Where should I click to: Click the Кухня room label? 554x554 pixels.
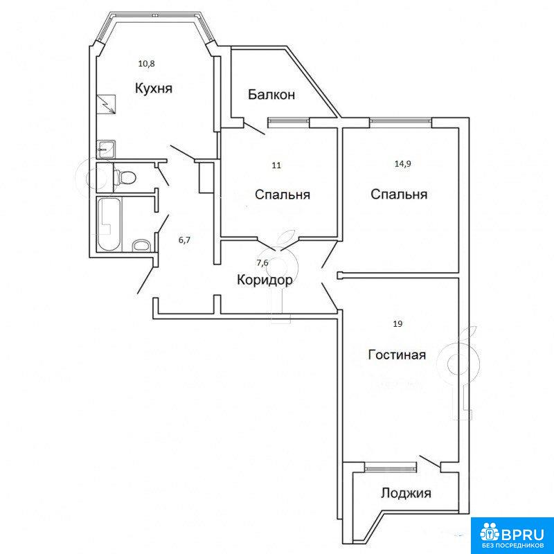click(x=154, y=89)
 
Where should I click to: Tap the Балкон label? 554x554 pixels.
click(x=271, y=95)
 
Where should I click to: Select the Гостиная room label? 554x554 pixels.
click(x=397, y=355)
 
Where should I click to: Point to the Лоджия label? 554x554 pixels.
click(x=406, y=493)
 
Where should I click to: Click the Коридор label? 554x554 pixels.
click(x=265, y=280)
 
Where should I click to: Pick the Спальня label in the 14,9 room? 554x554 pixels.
click(x=399, y=194)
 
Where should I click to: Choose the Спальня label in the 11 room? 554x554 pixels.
click(x=283, y=195)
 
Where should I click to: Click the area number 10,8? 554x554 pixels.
click(x=147, y=64)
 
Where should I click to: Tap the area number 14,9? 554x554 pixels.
click(x=403, y=163)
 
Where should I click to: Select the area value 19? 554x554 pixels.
click(x=397, y=324)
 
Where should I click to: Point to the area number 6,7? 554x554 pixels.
click(x=184, y=240)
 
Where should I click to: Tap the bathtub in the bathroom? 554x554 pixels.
click(x=109, y=224)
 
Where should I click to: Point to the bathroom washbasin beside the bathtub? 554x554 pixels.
click(x=141, y=246)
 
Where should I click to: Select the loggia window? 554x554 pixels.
click(x=391, y=469)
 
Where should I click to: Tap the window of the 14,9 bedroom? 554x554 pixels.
click(x=401, y=122)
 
